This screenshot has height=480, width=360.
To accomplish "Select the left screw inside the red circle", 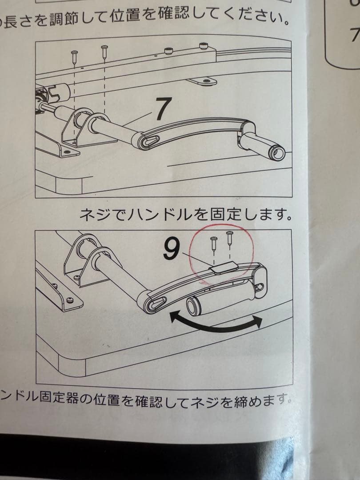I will pos(214,244).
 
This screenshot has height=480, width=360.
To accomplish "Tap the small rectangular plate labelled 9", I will pos(223,268).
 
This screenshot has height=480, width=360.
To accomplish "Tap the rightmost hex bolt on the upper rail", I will pos(204,46).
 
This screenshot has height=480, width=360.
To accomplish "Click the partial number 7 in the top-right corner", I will pos(354,34).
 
